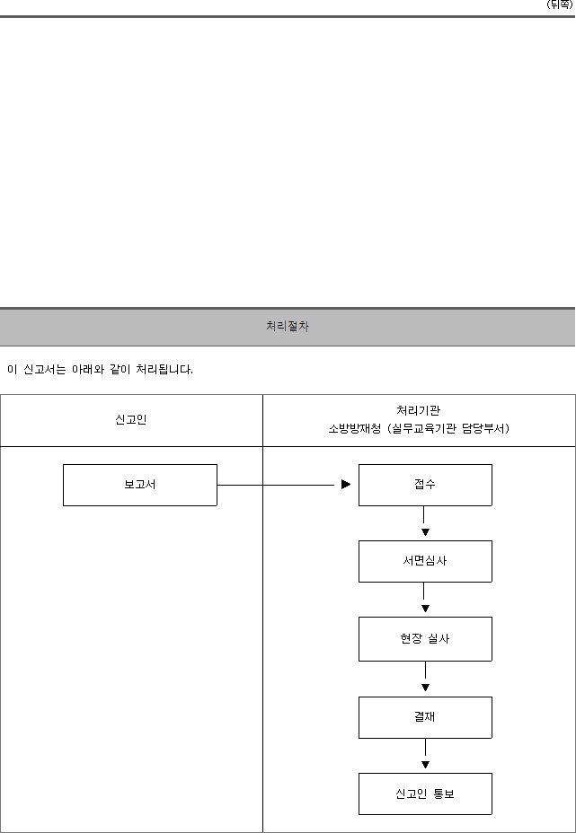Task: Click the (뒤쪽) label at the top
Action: pyautogui.click(x=560, y=4)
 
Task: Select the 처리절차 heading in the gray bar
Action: pyautogui.click(x=288, y=326)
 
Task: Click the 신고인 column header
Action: pyautogui.click(x=131, y=420)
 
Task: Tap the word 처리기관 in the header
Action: pyautogui.click(x=418, y=410)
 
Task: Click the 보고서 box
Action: pyautogui.click(x=140, y=485)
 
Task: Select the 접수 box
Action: pyautogui.click(x=425, y=485)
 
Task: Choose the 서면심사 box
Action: pyautogui.click(x=425, y=562)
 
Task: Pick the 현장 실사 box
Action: pyautogui.click(x=425, y=639)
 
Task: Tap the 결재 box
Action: pyautogui.click(x=425, y=718)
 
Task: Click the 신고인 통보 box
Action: pyautogui.click(x=425, y=794)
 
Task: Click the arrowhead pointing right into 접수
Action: pyautogui.click(x=346, y=485)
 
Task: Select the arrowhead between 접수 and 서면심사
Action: pyautogui.click(x=425, y=532)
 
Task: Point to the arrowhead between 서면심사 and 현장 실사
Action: pyautogui.click(x=425, y=609)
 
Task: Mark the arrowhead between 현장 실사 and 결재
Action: pyautogui.click(x=425, y=688)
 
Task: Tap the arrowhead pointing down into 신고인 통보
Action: pyautogui.click(x=425, y=765)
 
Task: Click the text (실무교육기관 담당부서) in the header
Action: pyautogui.click(x=448, y=429)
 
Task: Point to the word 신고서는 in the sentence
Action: pyautogui.click(x=45, y=369)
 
